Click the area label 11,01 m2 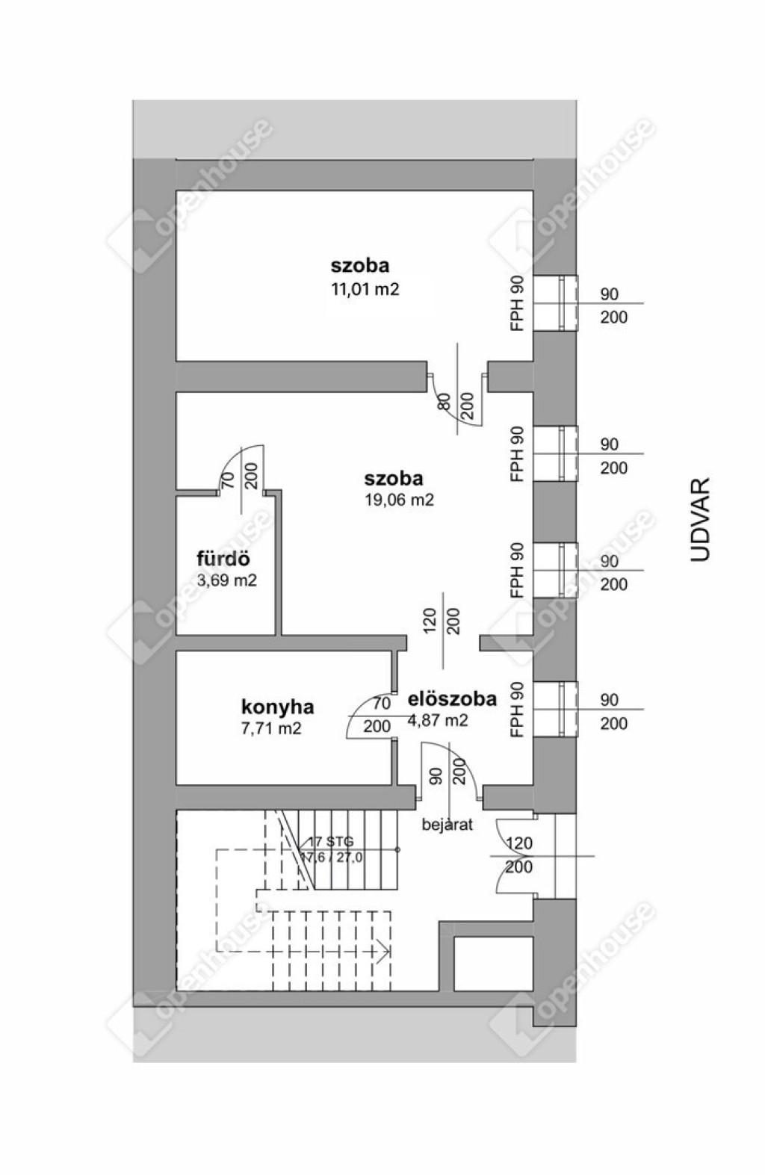click(365, 289)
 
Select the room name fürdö click(223, 558)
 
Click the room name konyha click(277, 707)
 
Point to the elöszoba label click(452, 699)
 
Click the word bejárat click(447, 825)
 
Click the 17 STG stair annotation click(331, 842)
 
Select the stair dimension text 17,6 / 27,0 click(332, 858)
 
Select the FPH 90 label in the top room click(518, 303)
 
